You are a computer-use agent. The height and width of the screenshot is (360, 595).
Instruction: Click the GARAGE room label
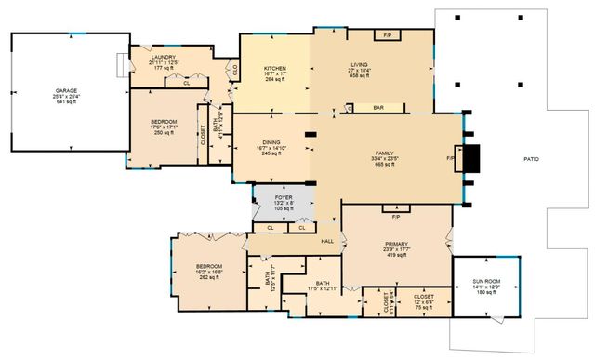[x=66, y=90]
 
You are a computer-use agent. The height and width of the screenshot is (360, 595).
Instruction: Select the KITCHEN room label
[x=274, y=69]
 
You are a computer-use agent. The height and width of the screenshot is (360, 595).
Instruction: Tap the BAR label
[x=378, y=108]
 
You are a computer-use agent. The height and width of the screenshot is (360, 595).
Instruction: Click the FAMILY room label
[x=386, y=153]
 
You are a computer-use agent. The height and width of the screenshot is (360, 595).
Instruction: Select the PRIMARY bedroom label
[x=396, y=244]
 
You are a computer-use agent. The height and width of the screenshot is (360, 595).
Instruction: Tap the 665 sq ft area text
[x=386, y=164]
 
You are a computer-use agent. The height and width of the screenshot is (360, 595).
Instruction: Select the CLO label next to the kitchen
[x=235, y=68]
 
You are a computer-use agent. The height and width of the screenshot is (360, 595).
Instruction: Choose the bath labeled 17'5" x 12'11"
[x=323, y=288]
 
